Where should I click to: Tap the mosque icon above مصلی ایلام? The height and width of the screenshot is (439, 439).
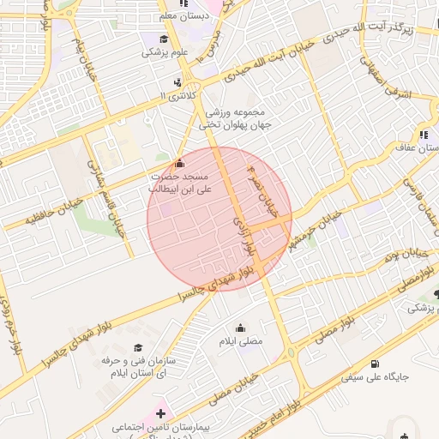tap(240, 327)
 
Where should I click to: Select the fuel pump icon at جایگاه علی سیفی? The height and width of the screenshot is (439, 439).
tap(348, 362)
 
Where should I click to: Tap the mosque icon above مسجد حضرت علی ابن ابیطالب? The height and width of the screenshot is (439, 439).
tap(178, 163)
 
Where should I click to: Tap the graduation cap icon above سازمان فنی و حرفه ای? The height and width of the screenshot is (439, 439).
tap(137, 347)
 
